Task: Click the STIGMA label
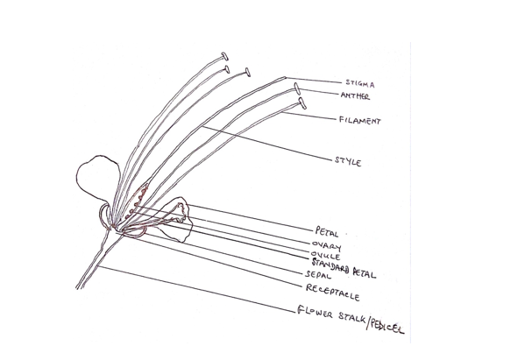(360, 83)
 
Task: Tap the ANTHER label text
(355, 96)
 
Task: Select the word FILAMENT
(360, 121)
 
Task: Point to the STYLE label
(348, 161)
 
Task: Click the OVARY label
(326, 246)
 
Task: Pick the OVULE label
(326, 256)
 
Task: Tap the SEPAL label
(318, 275)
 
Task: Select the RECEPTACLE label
(333, 293)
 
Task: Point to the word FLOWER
(315, 311)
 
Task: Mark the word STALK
(351, 316)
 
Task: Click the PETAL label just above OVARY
(327, 231)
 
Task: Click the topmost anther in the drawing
(224, 56)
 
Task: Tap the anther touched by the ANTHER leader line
(296, 88)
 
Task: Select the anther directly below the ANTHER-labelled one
(302, 103)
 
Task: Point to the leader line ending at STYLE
(267, 144)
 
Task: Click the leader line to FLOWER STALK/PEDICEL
(197, 289)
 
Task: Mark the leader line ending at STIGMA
(314, 80)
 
